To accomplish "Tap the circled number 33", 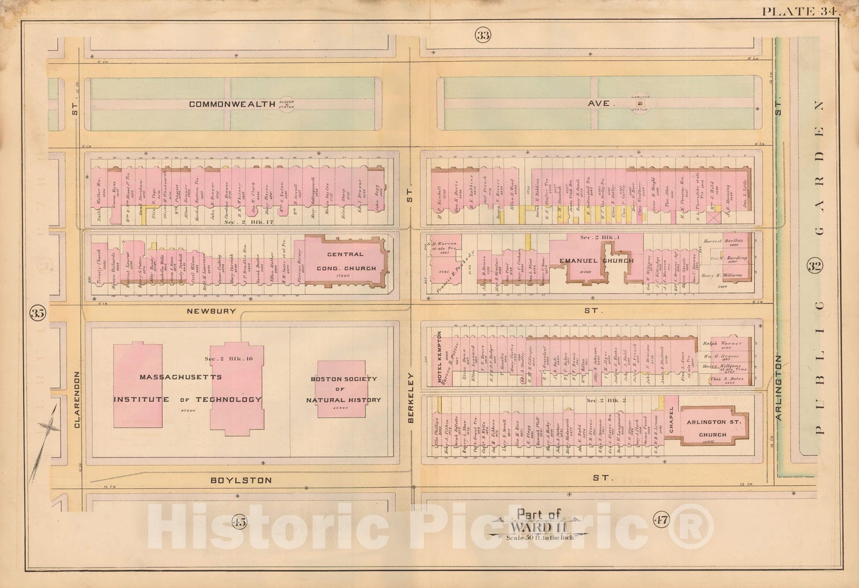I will (482, 36).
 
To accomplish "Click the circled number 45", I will (239, 520).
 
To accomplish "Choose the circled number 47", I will (661, 519).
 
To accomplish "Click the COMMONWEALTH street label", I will (232, 104).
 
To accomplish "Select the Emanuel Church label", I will (596, 261).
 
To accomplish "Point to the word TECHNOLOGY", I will (228, 399).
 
